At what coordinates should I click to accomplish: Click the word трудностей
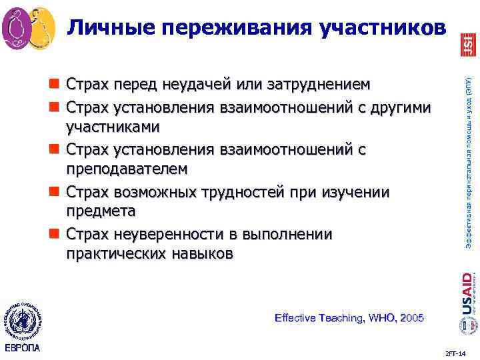(265, 191)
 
